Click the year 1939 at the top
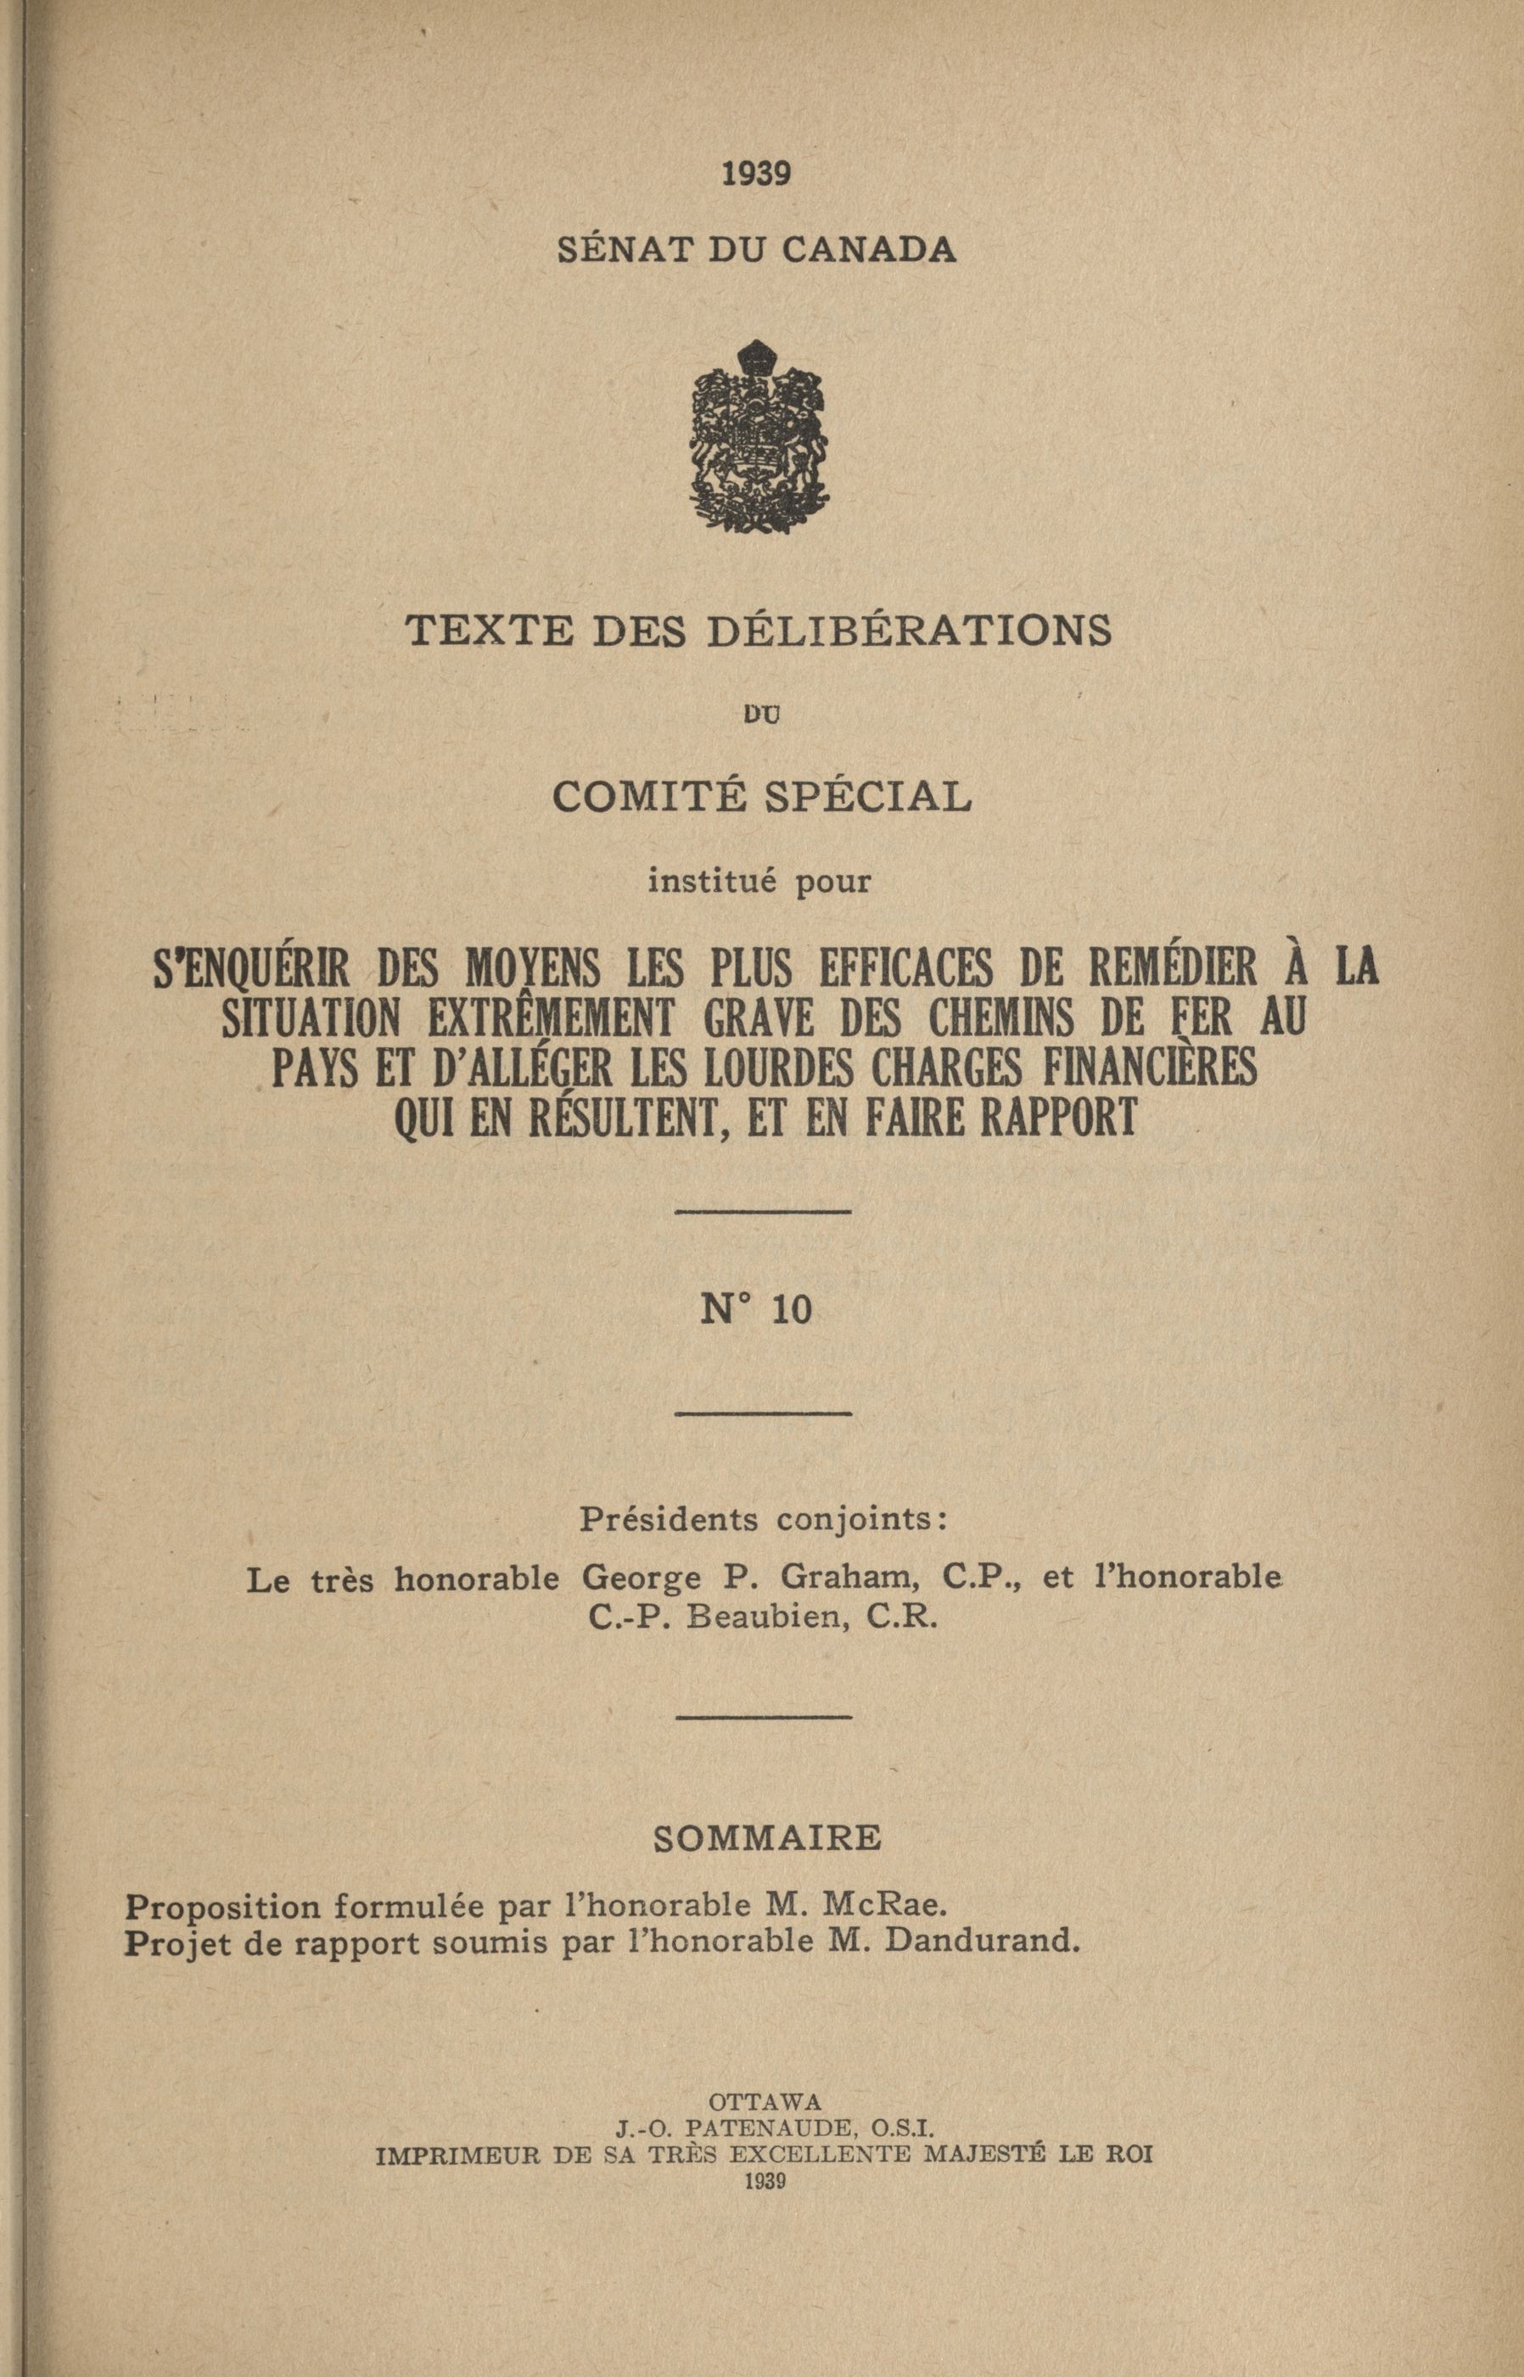[756, 174]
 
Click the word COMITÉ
[648, 796]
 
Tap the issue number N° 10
[757, 1310]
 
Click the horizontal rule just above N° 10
[763, 1211]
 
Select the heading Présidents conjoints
[764, 1519]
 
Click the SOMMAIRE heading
[767, 1837]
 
